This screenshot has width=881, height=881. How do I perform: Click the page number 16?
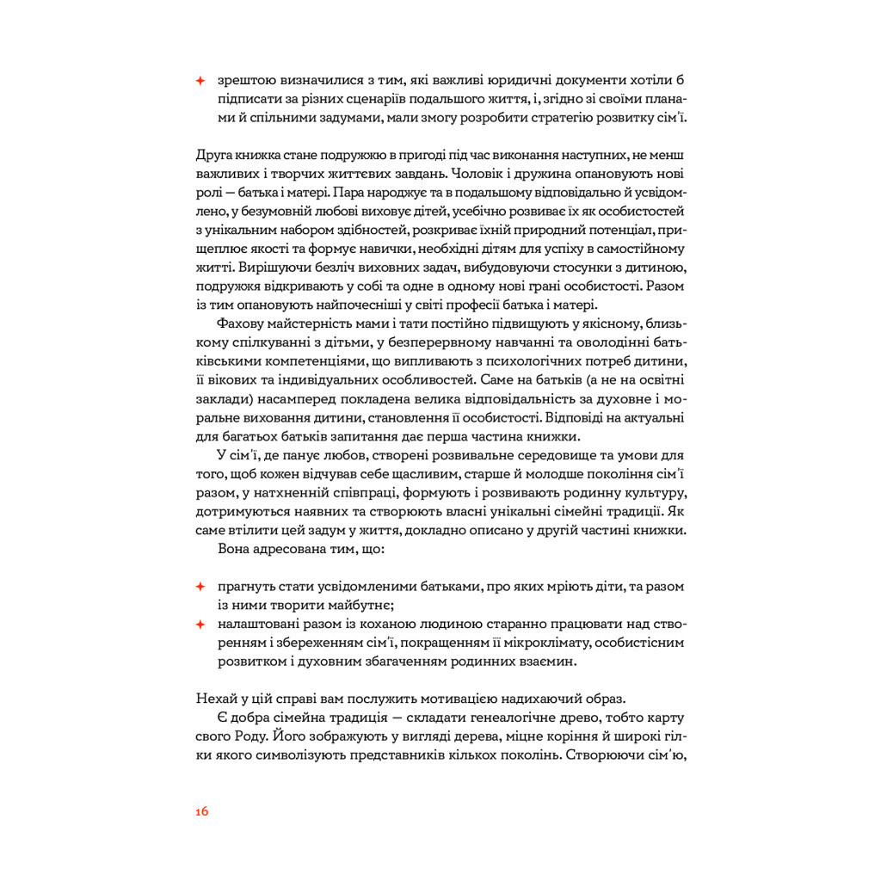point(202,810)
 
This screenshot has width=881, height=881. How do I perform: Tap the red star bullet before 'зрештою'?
point(200,80)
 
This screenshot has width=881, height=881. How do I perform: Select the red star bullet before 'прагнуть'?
point(200,587)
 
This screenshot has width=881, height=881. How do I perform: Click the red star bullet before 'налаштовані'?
point(200,624)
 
